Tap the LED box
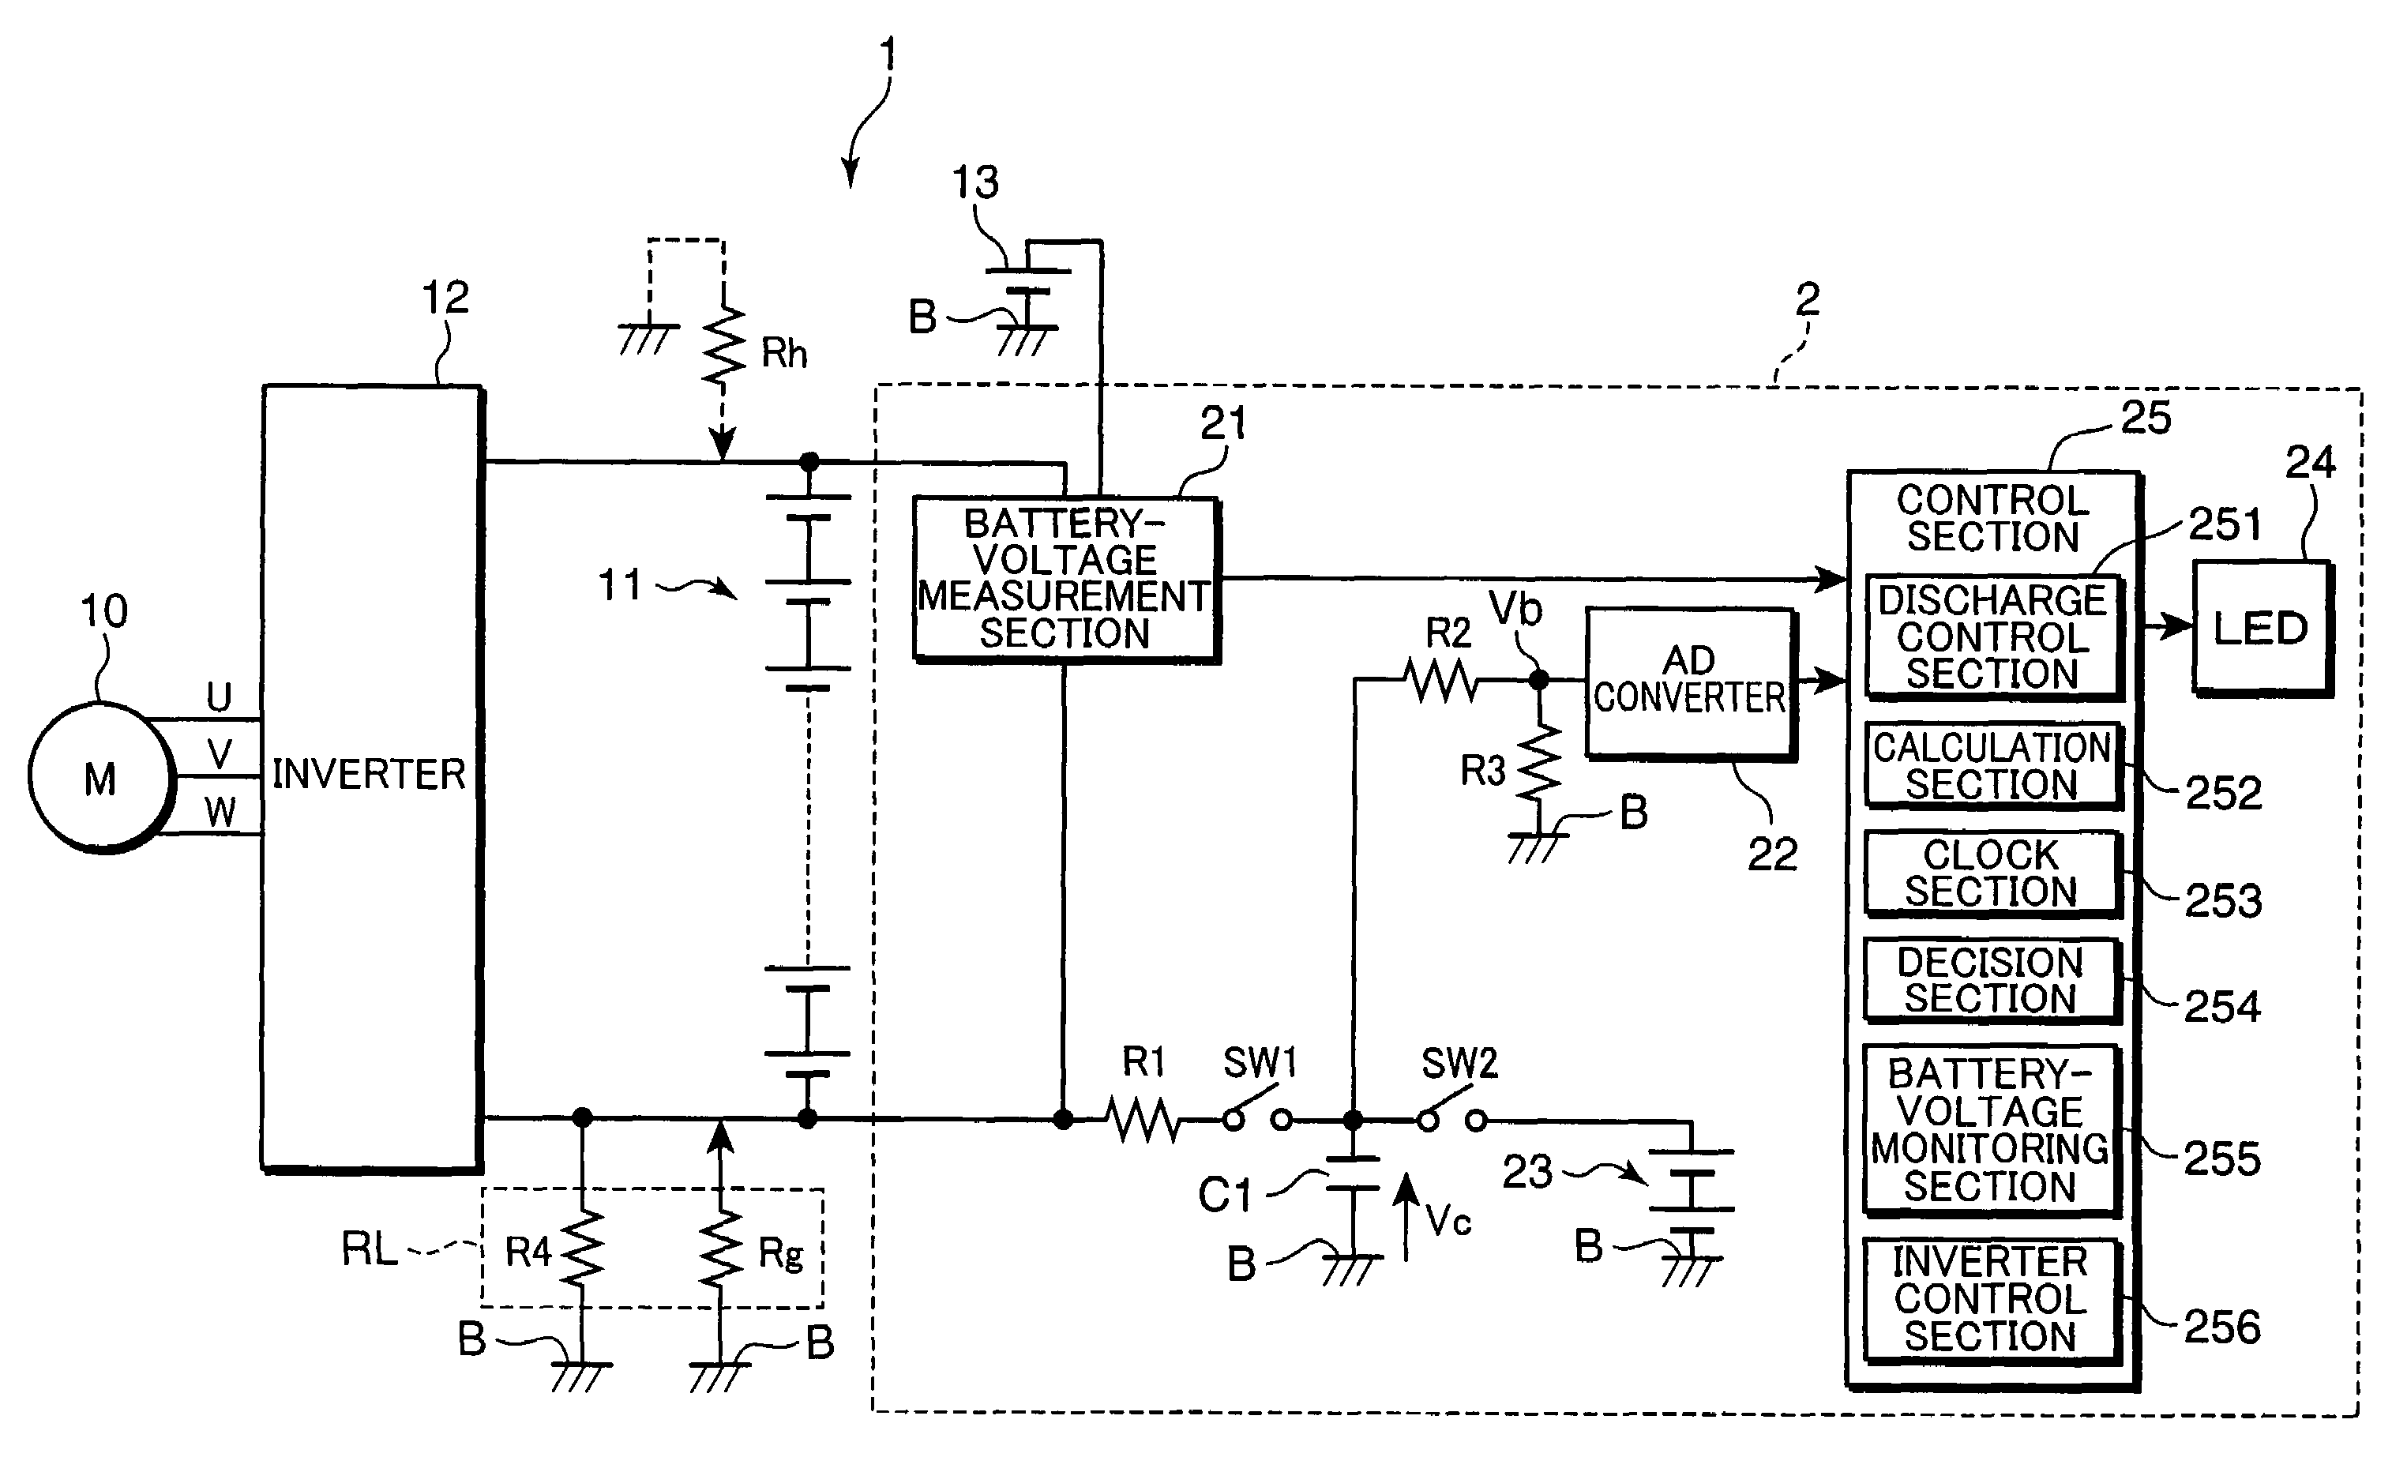[2262, 628]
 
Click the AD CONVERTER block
[1690, 682]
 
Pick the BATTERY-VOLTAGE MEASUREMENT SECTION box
[1066, 580]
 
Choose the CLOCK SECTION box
[1992, 873]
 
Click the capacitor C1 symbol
[1352, 1173]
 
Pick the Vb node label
[1515, 609]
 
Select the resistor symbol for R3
[1538, 762]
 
